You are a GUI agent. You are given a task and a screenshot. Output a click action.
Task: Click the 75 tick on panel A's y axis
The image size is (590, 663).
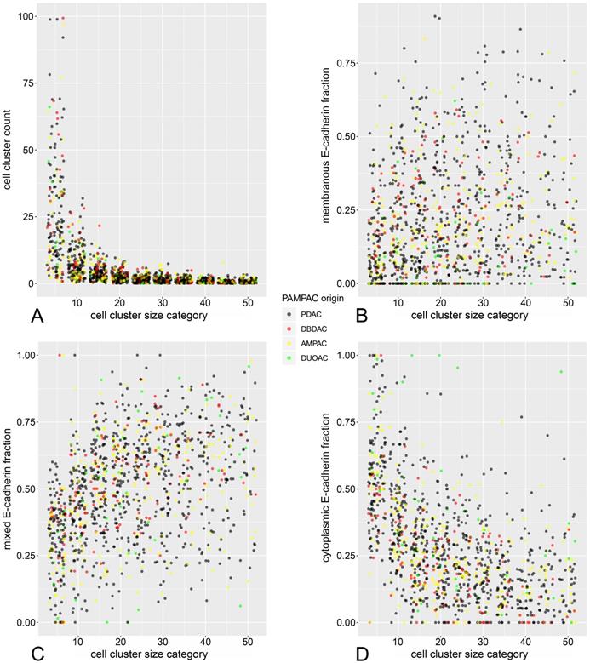(x=27, y=83)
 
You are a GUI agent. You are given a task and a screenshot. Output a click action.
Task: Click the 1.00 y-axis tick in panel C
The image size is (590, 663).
(x=25, y=354)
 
